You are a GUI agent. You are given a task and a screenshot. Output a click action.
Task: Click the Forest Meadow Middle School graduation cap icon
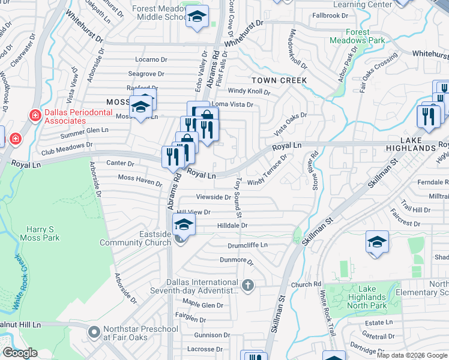(x=196, y=18)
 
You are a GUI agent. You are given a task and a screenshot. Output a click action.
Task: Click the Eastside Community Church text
(x=136, y=238)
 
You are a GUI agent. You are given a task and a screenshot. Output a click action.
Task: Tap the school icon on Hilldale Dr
(x=184, y=226)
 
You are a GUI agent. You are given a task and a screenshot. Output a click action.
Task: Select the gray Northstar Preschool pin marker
(x=93, y=331)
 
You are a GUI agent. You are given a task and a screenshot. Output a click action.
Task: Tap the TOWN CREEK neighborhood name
(x=279, y=80)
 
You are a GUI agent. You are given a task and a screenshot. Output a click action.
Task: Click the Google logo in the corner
(x=20, y=353)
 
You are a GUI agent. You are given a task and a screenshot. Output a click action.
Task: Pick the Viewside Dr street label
(x=214, y=197)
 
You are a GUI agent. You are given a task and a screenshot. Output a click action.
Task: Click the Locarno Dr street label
(x=151, y=59)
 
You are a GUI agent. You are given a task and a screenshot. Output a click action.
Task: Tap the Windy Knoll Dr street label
(x=249, y=92)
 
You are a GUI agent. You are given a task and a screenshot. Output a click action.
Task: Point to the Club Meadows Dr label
(x=67, y=145)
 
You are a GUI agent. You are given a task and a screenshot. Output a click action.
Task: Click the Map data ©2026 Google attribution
(x=412, y=355)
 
